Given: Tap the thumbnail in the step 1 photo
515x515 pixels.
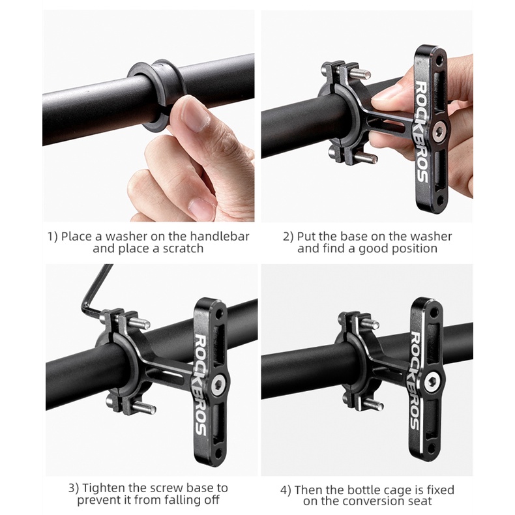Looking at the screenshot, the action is click(196, 117).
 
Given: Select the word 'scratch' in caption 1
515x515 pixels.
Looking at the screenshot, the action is click(183, 248).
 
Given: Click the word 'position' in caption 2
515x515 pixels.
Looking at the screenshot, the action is click(414, 248).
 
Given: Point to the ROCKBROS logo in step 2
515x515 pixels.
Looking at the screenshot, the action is click(422, 132).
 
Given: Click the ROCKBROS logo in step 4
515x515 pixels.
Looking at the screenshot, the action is click(417, 380).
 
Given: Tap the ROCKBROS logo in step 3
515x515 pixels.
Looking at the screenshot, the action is click(201, 384).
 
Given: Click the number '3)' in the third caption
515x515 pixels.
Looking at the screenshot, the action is click(74, 488).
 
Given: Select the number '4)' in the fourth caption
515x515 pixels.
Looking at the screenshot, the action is click(286, 490).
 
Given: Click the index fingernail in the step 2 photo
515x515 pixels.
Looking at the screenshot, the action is click(383, 95).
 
